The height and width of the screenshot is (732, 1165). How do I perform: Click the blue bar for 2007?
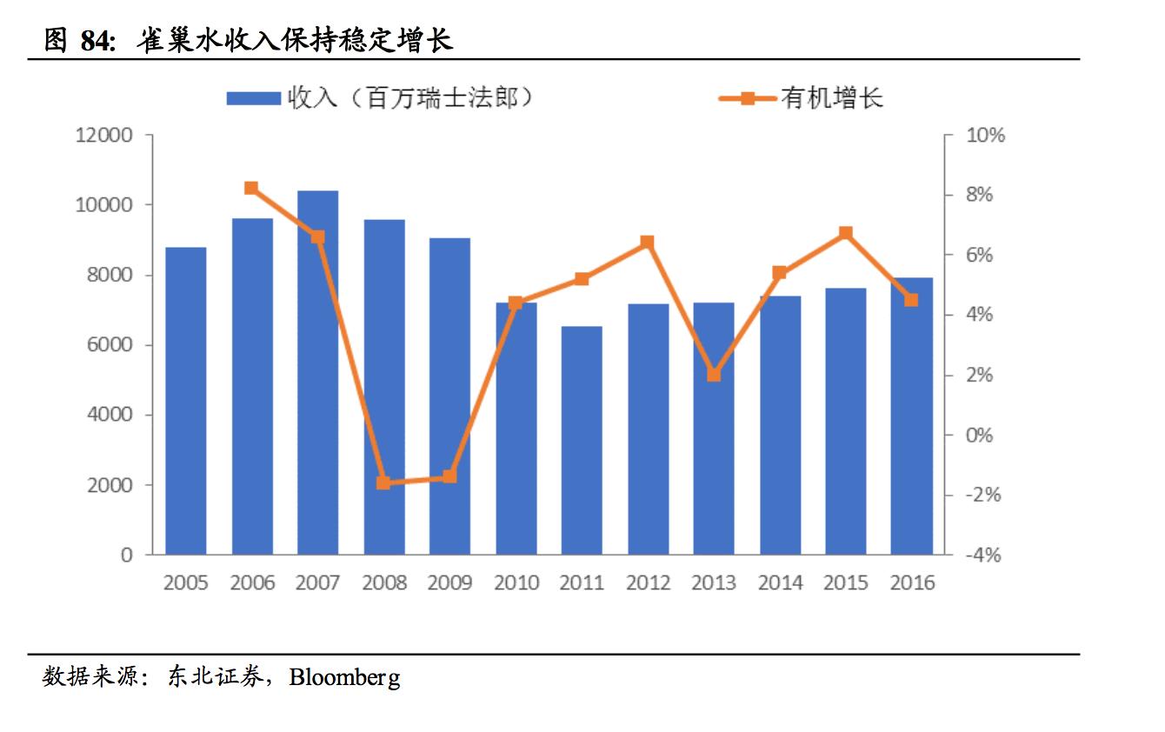[317, 372]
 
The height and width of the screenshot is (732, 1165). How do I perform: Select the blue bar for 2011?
[582, 440]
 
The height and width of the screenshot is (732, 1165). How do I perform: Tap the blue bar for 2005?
[186, 401]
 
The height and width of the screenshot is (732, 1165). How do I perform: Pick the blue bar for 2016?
[911, 416]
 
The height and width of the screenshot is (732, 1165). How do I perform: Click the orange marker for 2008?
[383, 482]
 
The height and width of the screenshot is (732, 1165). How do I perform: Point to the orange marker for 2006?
[251, 188]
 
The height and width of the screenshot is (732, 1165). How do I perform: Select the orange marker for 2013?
[714, 375]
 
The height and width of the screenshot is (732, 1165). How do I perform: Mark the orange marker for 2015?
[845, 233]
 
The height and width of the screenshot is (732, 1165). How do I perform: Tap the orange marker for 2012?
[647, 243]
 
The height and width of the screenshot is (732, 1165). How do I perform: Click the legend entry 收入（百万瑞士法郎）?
[381, 97]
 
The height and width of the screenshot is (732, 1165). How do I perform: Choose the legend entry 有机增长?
[802, 97]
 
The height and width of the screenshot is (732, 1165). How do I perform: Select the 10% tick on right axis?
[985, 136]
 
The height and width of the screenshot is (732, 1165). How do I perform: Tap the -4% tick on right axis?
[983, 555]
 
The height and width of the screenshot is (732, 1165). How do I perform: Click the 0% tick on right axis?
[980, 435]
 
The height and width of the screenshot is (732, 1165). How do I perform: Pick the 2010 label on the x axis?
[516, 582]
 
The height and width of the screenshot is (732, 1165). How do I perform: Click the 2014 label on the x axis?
[780, 582]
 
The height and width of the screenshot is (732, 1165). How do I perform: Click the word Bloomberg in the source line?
[345, 677]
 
